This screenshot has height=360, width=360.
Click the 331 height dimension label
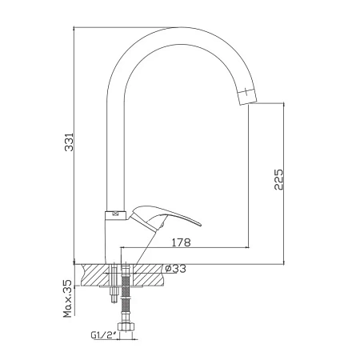(x=70, y=142)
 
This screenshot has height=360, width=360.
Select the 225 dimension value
(x=279, y=179)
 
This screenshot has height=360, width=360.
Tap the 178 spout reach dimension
(x=181, y=242)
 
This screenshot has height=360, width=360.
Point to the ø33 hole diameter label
(x=175, y=269)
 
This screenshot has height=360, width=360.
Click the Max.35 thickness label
(x=68, y=298)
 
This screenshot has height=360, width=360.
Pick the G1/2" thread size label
(x=104, y=334)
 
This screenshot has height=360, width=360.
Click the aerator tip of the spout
(x=247, y=98)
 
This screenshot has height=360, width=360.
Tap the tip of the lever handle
(x=200, y=225)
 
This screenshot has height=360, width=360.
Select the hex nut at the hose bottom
(x=126, y=327)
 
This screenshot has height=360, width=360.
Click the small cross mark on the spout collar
(x=116, y=214)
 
